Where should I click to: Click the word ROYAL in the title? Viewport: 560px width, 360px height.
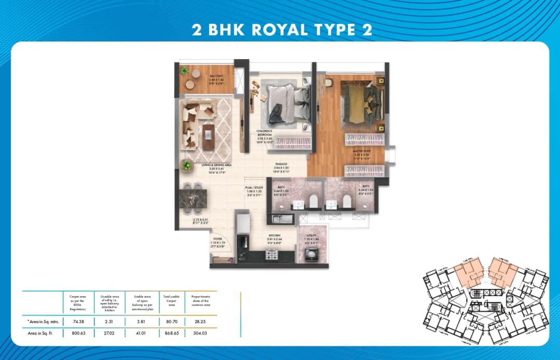click(x=280, y=29)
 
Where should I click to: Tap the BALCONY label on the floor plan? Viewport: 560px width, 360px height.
click(x=217, y=76)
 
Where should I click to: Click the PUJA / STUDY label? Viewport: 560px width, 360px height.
click(x=254, y=188)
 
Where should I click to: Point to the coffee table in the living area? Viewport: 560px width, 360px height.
click(x=208, y=136)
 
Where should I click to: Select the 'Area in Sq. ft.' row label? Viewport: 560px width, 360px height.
click(x=43, y=334)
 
